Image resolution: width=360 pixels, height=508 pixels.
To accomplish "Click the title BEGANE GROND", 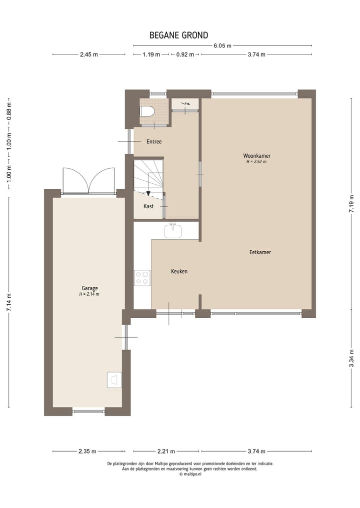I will point(178,35).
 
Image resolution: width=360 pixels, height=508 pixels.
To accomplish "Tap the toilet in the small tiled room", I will point(148,111).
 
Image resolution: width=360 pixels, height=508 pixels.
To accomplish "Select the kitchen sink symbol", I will point(172,230).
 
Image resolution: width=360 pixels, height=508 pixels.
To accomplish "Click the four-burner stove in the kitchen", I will point(142,278).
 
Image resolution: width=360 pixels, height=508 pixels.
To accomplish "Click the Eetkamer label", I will point(260,252).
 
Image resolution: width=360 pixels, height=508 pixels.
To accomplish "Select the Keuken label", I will point(179,271).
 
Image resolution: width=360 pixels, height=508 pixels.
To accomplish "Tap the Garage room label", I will point(89,288).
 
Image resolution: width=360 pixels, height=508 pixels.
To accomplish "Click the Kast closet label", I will point(148,206).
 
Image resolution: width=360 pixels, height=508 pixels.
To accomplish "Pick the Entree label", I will point(154,142).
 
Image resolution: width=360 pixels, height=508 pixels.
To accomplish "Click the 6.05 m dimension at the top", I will point(222,46).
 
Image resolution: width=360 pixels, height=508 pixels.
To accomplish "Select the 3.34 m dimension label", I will point(351,359).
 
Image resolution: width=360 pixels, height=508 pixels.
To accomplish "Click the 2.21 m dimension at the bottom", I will point(166,452).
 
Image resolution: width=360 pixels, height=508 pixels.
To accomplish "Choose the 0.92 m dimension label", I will point(185,55).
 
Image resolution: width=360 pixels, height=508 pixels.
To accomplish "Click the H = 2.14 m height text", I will point(89,295).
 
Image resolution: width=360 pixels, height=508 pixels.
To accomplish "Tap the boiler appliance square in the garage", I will point(114,380).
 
